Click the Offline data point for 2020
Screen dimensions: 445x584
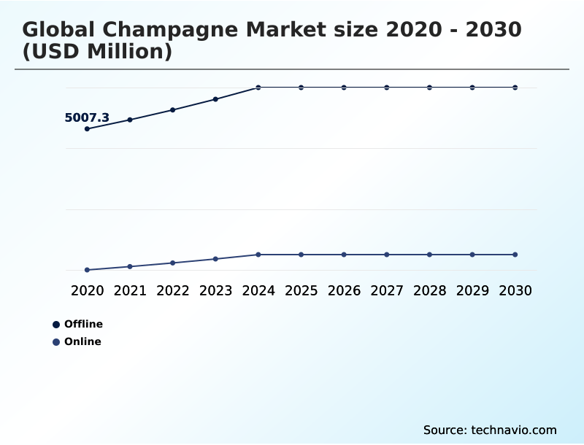pos(87,129)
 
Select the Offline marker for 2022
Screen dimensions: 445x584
pos(173,110)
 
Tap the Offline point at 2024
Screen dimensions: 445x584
pos(258,88)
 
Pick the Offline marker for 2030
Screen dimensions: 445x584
pos(515,88)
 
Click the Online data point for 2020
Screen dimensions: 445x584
pos(87,270)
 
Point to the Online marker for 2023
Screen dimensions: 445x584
pos(215,259)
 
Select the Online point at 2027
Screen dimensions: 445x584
pos(387,255)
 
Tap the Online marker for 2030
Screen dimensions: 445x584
pos(515,255)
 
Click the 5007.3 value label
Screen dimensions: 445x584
pos(87,117)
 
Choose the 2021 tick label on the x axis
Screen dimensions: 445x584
pos(130,290)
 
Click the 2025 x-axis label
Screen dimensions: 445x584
pos(301,290)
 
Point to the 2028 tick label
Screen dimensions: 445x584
pos(429,290)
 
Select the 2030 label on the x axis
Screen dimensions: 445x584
pos(515,290)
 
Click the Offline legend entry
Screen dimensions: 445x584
pos(82,324)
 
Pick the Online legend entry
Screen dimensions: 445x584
pos(82,341)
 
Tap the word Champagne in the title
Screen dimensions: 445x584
pos(165,30)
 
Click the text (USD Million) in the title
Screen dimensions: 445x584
pos(96,53)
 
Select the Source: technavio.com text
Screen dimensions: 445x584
pos(490,430)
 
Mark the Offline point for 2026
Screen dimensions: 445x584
pos(344,88)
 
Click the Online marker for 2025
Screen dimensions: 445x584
pos(301,255)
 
